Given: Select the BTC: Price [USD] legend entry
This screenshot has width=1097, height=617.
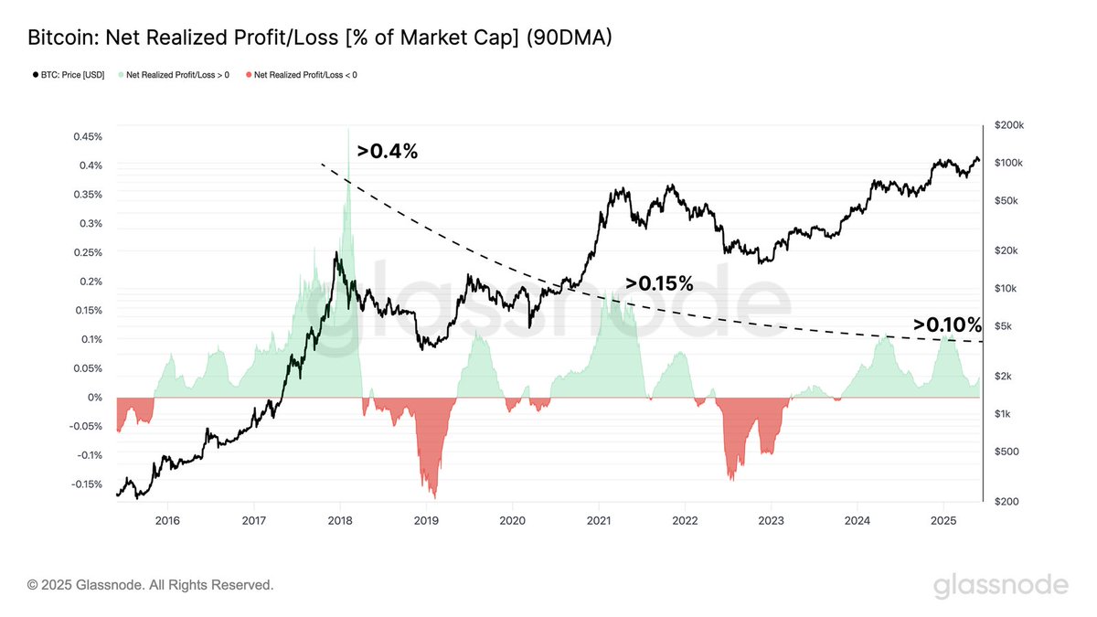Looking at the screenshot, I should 69,75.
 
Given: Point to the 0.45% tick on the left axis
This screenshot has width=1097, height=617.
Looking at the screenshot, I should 87,136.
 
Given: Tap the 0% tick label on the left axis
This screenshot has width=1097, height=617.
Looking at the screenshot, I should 94,398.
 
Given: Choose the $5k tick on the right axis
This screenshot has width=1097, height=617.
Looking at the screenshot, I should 1002,326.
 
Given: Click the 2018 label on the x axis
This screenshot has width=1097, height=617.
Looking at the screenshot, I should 340,521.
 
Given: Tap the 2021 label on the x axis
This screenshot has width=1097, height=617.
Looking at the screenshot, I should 599,521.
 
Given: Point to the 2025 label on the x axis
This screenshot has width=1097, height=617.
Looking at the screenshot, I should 943,521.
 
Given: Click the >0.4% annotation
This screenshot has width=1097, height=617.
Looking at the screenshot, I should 388,152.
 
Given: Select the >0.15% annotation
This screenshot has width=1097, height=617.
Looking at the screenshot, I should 659,283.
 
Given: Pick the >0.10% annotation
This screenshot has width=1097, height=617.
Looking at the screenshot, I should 947,324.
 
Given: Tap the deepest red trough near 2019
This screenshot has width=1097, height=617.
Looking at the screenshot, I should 434,497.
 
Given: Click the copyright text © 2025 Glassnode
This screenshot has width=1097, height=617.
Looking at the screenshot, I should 150,584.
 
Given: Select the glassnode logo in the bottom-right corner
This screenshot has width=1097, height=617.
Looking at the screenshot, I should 1000,585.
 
